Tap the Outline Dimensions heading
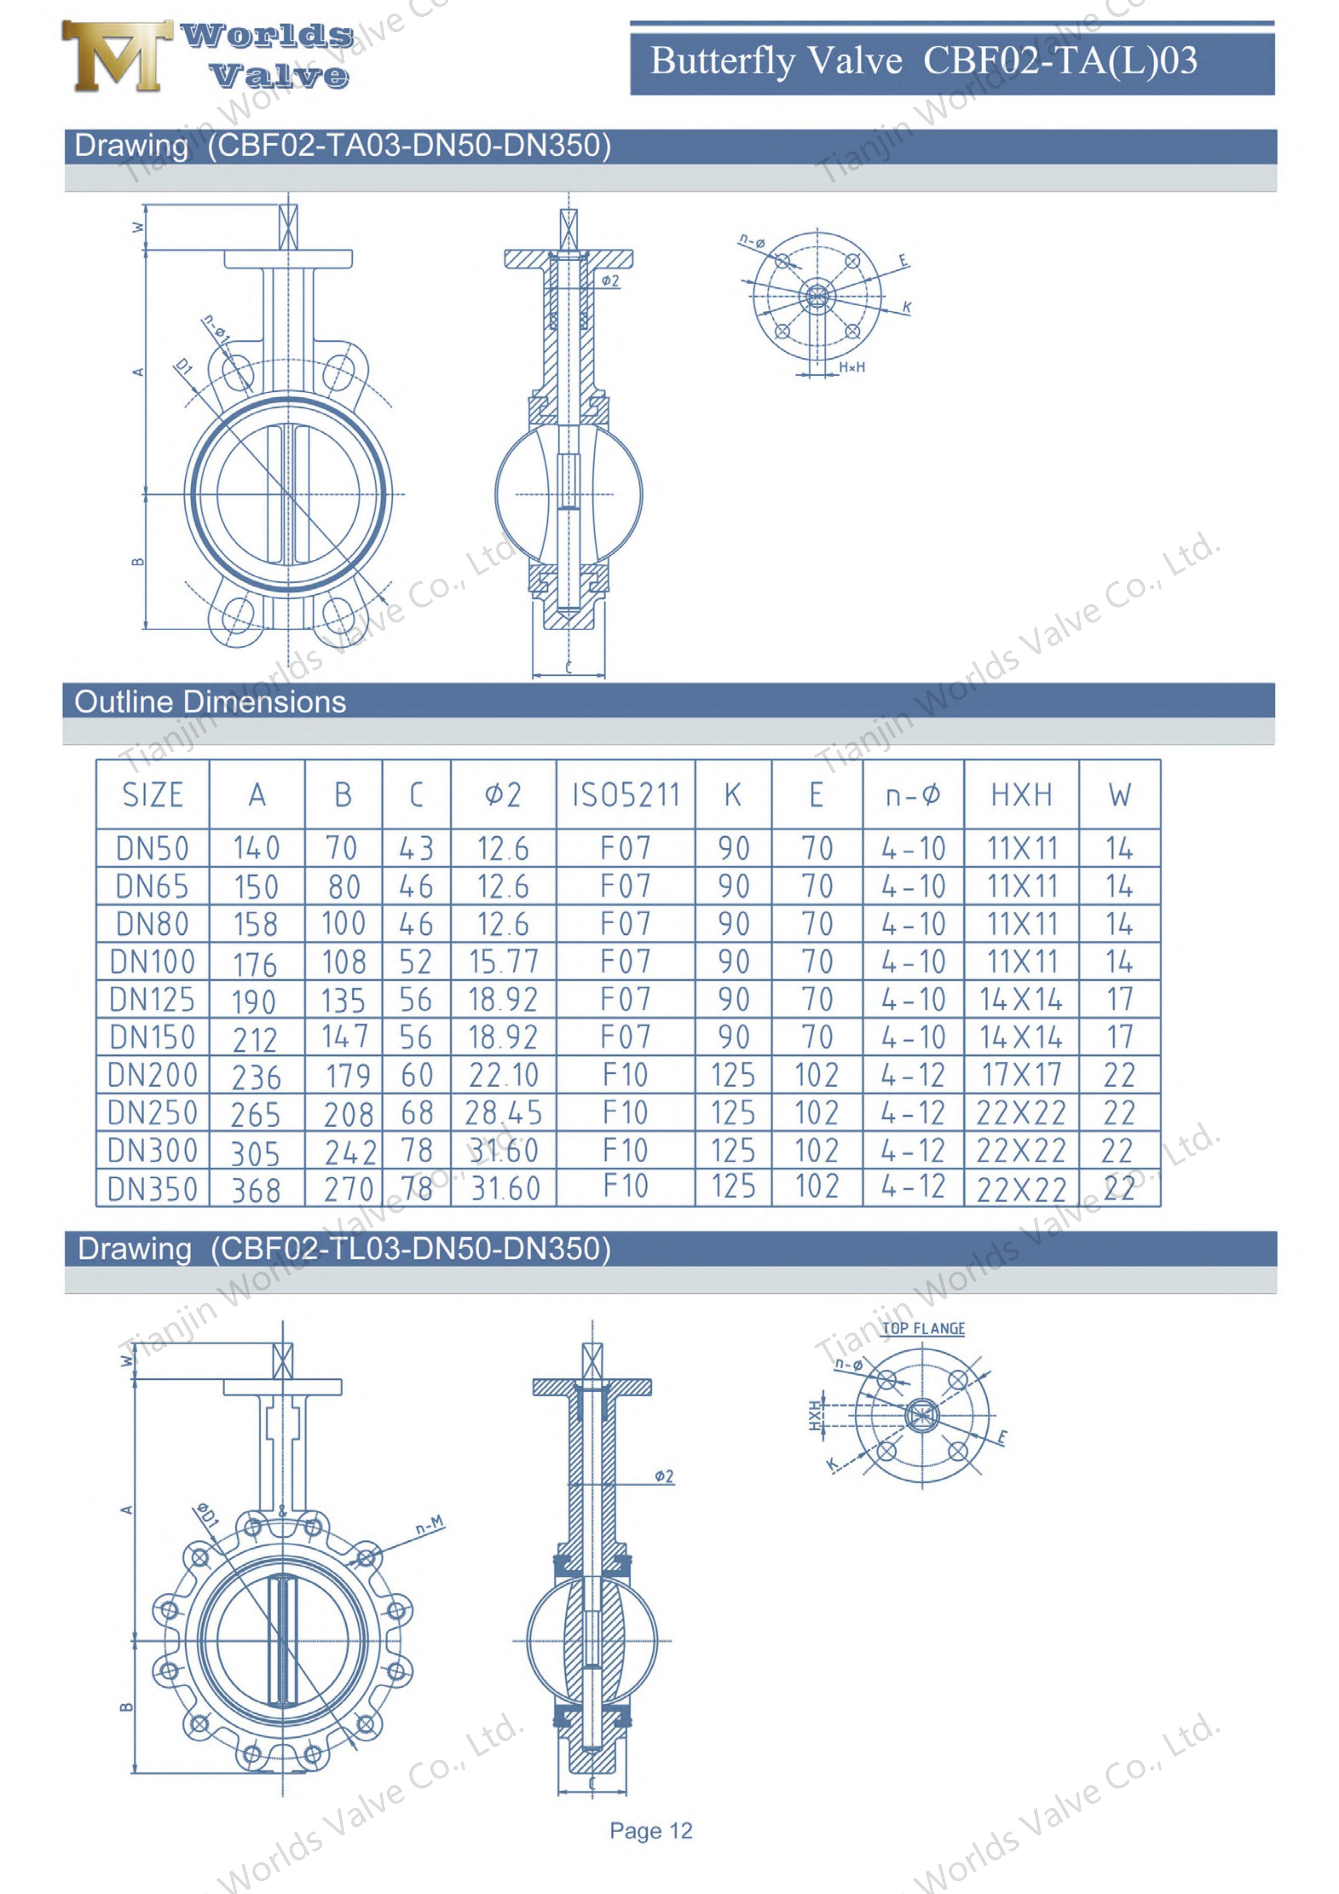(211, 702)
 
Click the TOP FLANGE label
(923, 1329)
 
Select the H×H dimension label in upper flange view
(852, 367)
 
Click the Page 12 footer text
(651, 1830)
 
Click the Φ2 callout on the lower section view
(664, 1476)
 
